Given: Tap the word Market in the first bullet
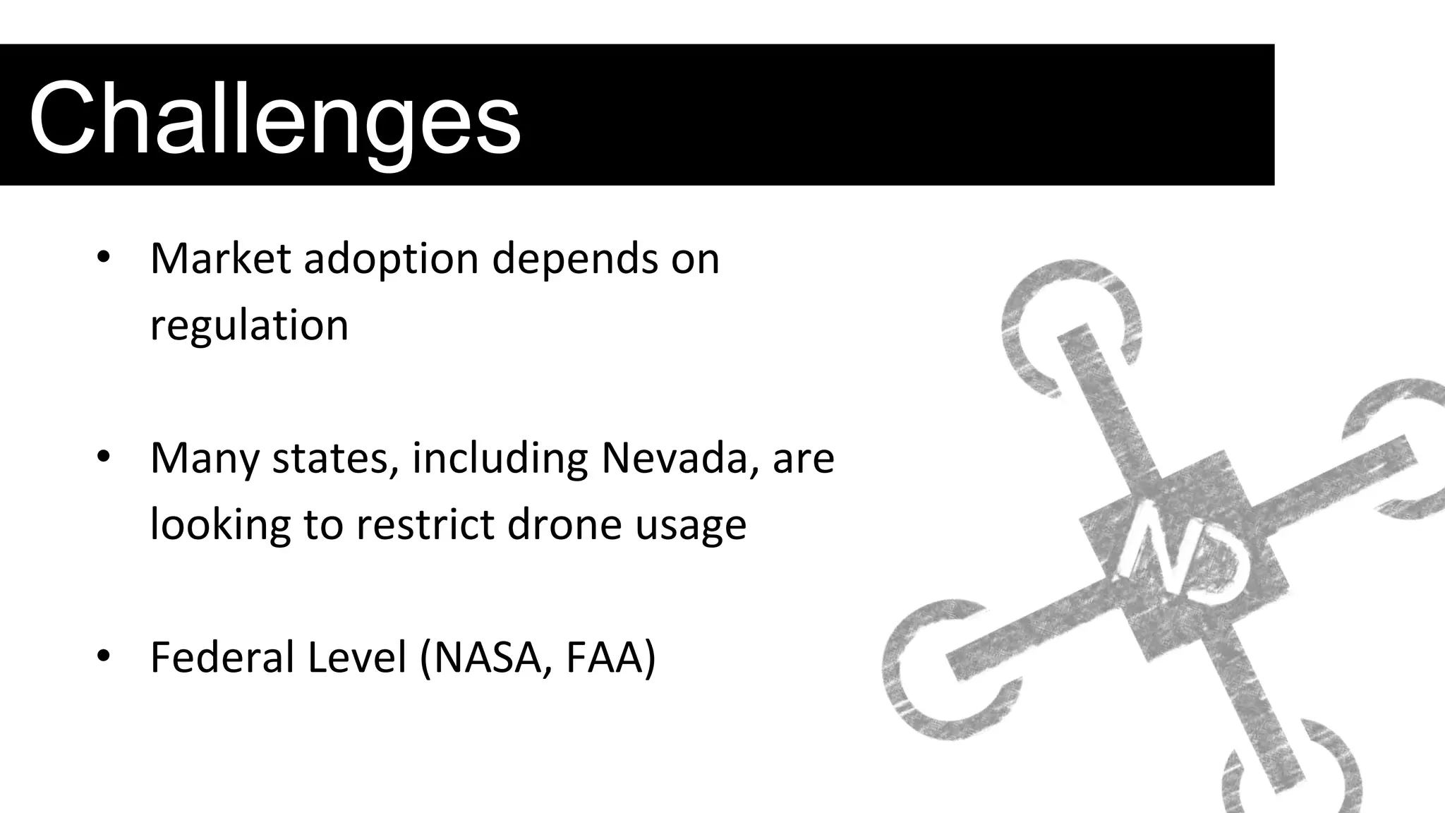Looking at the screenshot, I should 220,258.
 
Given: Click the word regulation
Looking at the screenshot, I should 249,326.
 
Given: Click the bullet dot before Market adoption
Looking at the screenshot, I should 104,259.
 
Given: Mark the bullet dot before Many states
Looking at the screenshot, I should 104,458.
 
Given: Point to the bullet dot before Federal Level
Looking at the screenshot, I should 104,657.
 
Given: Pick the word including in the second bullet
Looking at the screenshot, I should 500,459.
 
